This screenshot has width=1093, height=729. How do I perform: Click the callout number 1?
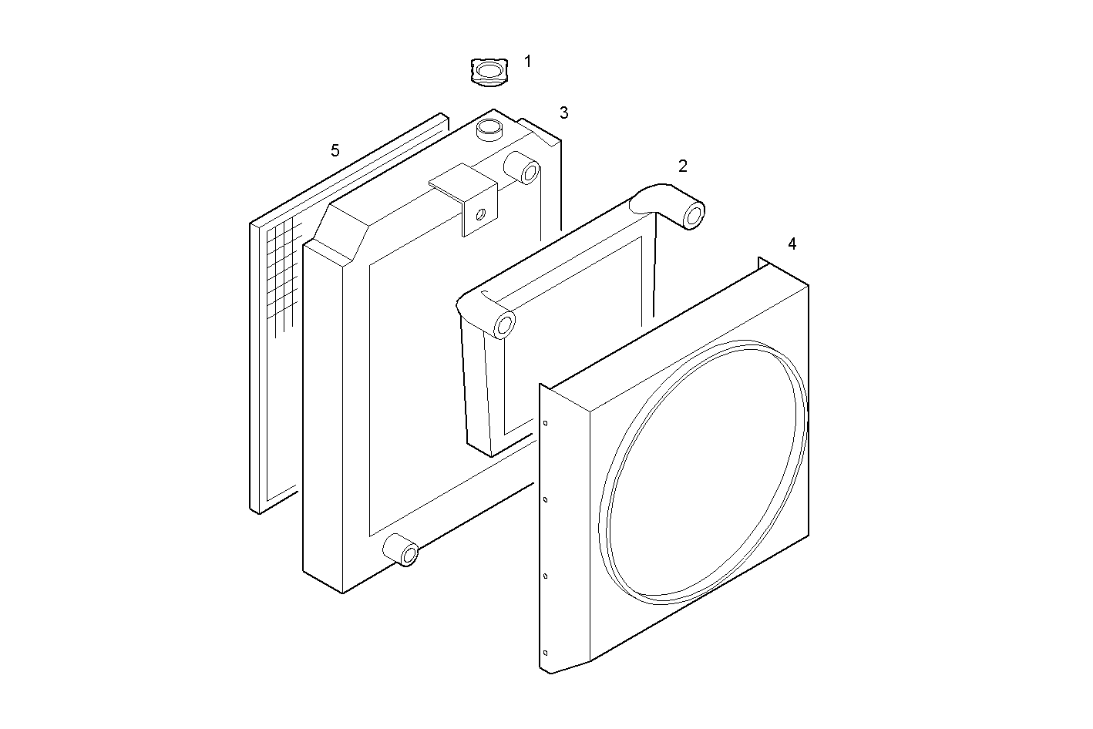(528, 62)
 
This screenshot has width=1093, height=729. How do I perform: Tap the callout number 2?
(683, 166)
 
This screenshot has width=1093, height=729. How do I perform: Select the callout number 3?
(564, 113)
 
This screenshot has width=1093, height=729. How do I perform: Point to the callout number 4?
(792, 244)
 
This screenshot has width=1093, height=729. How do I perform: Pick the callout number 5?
(335, 151)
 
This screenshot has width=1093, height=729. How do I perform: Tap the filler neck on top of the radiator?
(489, 129)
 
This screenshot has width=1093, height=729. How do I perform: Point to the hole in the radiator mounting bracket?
(480, 214)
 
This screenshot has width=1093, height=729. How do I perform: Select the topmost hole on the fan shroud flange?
(545, 423)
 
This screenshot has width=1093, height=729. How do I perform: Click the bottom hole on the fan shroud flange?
(545, 653)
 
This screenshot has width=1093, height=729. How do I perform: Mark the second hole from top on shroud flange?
(545, 499)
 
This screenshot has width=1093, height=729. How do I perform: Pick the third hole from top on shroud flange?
(545, 576)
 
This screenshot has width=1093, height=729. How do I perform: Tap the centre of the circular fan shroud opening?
(703, 472)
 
